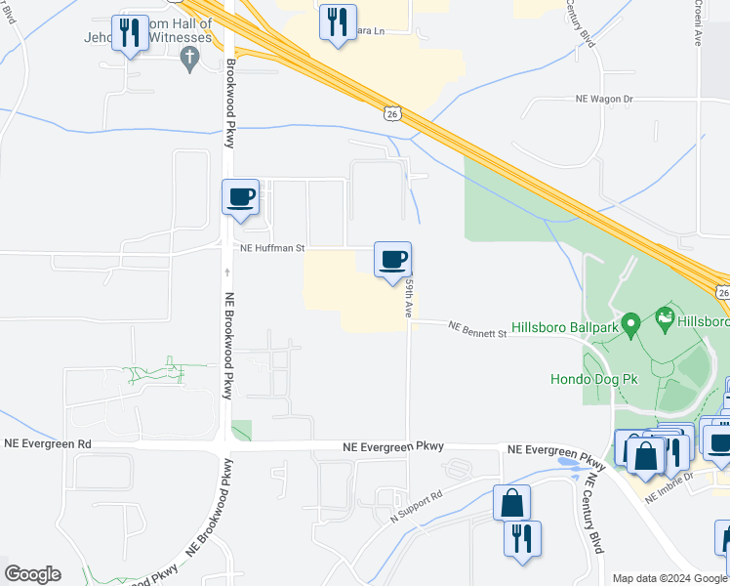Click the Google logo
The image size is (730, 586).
tap(32, 574)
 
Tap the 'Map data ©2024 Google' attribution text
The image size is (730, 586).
tap(669, 578)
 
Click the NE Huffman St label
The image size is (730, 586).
tap(274, 248)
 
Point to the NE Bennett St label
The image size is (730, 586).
tap(478, 333)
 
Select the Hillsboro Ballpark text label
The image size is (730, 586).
tap(565, 327)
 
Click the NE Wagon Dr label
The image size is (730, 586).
tap(604, 99)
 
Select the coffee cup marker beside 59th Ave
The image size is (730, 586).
tap(392, 260)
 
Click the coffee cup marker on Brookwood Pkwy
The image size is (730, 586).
tap(240, 198)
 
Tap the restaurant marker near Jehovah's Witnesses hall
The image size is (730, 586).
tap(130, 33)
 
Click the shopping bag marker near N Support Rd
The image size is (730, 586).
tap(511, 504)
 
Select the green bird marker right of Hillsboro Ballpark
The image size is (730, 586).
tap(667, 316)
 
